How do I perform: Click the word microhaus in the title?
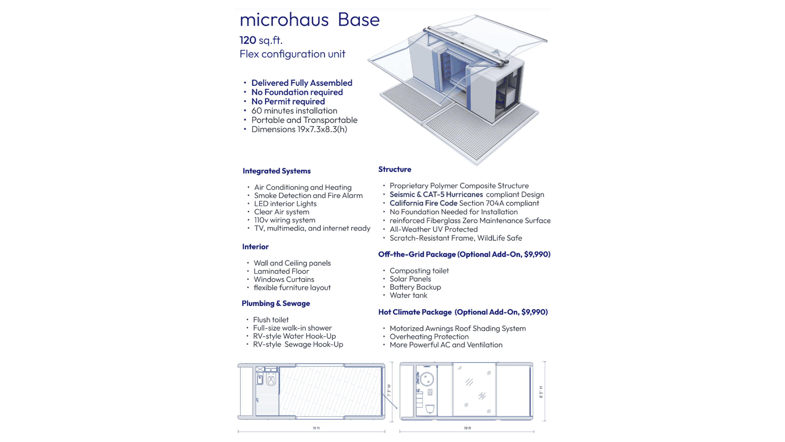[x=284, y=20]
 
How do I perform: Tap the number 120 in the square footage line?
[x=247, y=40]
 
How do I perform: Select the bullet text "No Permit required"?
[x=288, y=102]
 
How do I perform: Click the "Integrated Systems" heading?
[x=276, y=171]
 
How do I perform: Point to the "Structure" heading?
[x=394, y=169]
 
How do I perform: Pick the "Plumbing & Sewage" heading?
[x=276, y=304]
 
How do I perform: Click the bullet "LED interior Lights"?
[x=285, y=204]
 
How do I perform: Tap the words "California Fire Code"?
[x=423, y=203]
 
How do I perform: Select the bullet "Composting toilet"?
[x=419, y=271]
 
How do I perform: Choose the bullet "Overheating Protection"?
[x=429, y=337]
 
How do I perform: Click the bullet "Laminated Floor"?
[x=281, y=271]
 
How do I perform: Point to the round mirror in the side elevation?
[x=427, y=379]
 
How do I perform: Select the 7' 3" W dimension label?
[x=389, y=390]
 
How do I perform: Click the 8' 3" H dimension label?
[x=541, y=392]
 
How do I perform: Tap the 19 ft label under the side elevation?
[x=467, y=428]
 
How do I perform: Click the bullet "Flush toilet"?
[x=270, y=320]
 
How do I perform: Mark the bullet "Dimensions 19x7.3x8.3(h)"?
[x=299, y=130]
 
